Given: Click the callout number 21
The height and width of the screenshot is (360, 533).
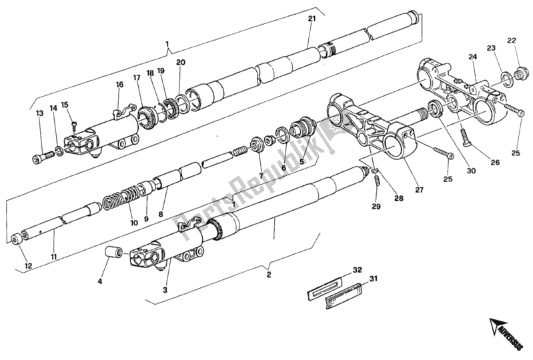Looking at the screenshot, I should click(x=312, y=19).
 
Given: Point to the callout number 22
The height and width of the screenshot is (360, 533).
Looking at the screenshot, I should click(x=512, y=41).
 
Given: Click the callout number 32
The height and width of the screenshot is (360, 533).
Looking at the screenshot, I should click(x=357, y=270).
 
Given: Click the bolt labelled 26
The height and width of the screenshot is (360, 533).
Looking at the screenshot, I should click(x=464, y=141).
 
